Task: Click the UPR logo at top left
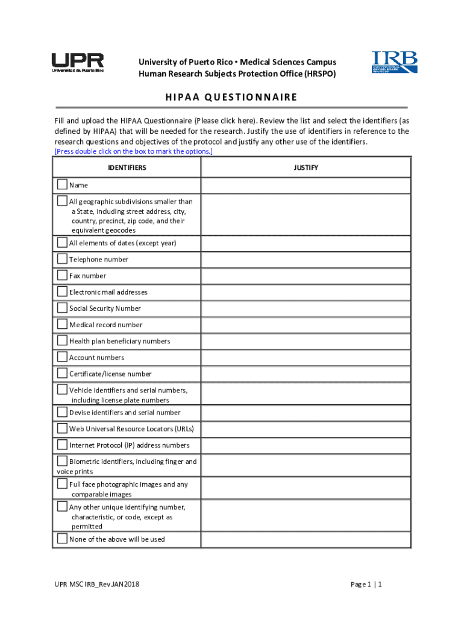click(77, 63)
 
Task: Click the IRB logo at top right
click(394, 63)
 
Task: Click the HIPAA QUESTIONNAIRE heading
click(231, 97)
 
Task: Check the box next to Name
click(62, 184)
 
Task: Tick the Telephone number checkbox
click(62, 258)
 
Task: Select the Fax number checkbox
click(62, 275)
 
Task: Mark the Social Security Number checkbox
click(62, 307)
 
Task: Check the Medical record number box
click(62, 324)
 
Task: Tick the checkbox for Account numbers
click(62, 357)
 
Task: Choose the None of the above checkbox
click(62, 538)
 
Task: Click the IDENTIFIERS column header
click(127, 168)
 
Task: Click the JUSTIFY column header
click(306, 168)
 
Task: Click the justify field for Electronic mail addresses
click(306, 292)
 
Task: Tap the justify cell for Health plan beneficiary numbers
click(306, 340)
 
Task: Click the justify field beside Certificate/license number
click(306, 374)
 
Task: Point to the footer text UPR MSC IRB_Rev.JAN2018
click(96, 584)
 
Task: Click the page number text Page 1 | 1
click(367, 584)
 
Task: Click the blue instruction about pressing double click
click(133, 151)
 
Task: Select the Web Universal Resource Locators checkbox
click(62, 428)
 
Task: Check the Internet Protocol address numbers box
click(62, 444)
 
